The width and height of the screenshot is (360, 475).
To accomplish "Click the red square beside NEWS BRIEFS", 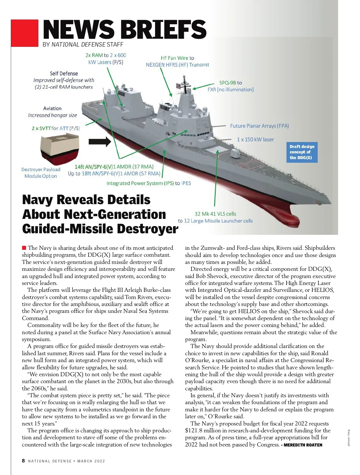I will [x=25, y=33].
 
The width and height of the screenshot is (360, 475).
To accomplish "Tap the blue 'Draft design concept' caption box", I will [x=302, y=152].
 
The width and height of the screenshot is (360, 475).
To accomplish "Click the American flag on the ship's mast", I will [x=179, y=86].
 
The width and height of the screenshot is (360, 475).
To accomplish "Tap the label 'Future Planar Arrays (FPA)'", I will [x=259, y=126].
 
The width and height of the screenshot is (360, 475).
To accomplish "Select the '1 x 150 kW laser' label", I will [x=255, y=139].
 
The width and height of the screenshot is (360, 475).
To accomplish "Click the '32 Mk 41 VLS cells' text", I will [x=215, y=214].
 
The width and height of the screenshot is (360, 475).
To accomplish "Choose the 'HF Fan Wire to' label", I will [x=177, y=58].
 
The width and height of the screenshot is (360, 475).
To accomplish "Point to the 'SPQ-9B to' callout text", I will [x=230, y=83].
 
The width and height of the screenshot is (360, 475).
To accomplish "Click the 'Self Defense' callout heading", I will [x=64, y=74].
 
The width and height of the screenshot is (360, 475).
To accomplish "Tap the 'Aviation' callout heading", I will [x=52, y=108].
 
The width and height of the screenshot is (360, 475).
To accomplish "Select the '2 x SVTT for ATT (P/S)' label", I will [x=56, y=129].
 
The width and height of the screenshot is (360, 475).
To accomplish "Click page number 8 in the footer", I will [x=23, y=461].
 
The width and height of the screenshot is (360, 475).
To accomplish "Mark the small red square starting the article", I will [x=24, y=248].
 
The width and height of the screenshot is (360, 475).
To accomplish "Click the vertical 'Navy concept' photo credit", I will [x=349, y=438].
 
